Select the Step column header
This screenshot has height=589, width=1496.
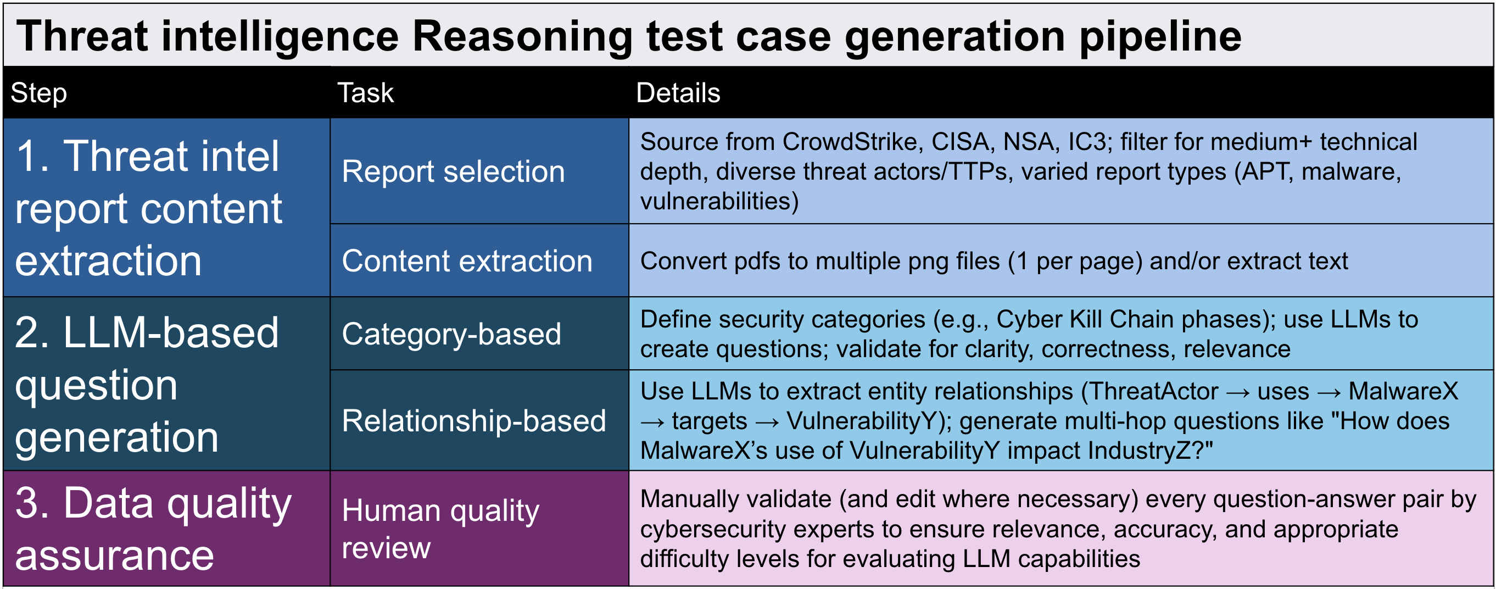39,93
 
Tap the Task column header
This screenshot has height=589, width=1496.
365,93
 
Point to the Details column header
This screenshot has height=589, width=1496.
678,93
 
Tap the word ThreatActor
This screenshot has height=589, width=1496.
1154,392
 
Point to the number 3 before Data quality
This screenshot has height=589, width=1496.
27,503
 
